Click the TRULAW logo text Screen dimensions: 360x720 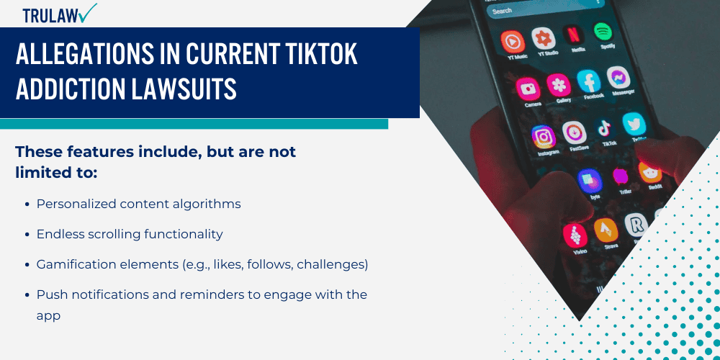click(x=50, y=15)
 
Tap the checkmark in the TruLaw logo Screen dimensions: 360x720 click(x=89, y=12)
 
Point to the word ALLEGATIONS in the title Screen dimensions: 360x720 click(x=86, y=55)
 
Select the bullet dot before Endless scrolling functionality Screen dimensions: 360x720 click(x=27, y=235)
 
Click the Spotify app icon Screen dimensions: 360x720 click(x=603, y=30)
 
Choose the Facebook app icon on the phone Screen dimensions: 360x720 click(x=589, y=81)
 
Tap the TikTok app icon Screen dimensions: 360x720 click(x=603, y=129)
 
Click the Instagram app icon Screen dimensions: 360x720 click(x=544, y=136)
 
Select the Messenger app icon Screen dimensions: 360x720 click(x=618, y=77)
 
